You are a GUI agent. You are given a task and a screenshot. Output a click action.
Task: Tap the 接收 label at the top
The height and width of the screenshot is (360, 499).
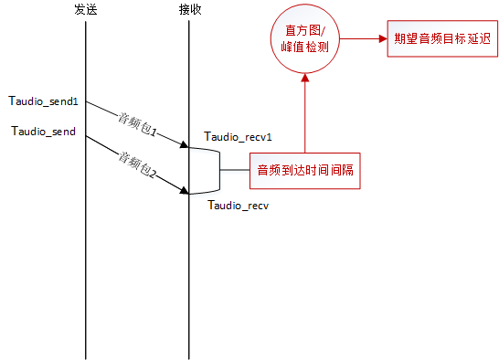[x=190, y=10]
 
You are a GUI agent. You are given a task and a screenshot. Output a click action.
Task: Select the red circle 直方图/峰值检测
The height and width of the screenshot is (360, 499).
[x=305, y=40]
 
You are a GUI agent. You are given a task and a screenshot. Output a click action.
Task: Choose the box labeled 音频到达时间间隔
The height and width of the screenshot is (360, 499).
[x=306, y=170]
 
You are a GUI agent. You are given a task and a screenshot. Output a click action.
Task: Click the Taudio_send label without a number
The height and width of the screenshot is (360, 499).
[x=43, y=132]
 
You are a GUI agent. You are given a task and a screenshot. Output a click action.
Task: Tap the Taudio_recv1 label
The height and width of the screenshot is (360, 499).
[x=239, y=137]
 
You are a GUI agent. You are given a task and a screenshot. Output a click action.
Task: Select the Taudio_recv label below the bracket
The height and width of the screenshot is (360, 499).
[x=238, y=206]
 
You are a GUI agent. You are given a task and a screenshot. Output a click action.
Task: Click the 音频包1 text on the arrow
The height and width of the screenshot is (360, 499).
[x=137, y=124]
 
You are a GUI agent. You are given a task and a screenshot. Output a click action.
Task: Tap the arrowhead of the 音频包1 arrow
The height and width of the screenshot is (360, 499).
[x=183, y=144]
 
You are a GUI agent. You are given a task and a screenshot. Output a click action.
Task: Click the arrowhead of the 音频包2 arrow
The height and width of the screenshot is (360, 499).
[x=183, y=191]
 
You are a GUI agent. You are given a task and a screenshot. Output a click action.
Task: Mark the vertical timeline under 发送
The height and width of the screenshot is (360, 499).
[x=85, y=256]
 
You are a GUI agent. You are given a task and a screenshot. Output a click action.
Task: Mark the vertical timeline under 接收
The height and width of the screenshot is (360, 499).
[x=189, y=274]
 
